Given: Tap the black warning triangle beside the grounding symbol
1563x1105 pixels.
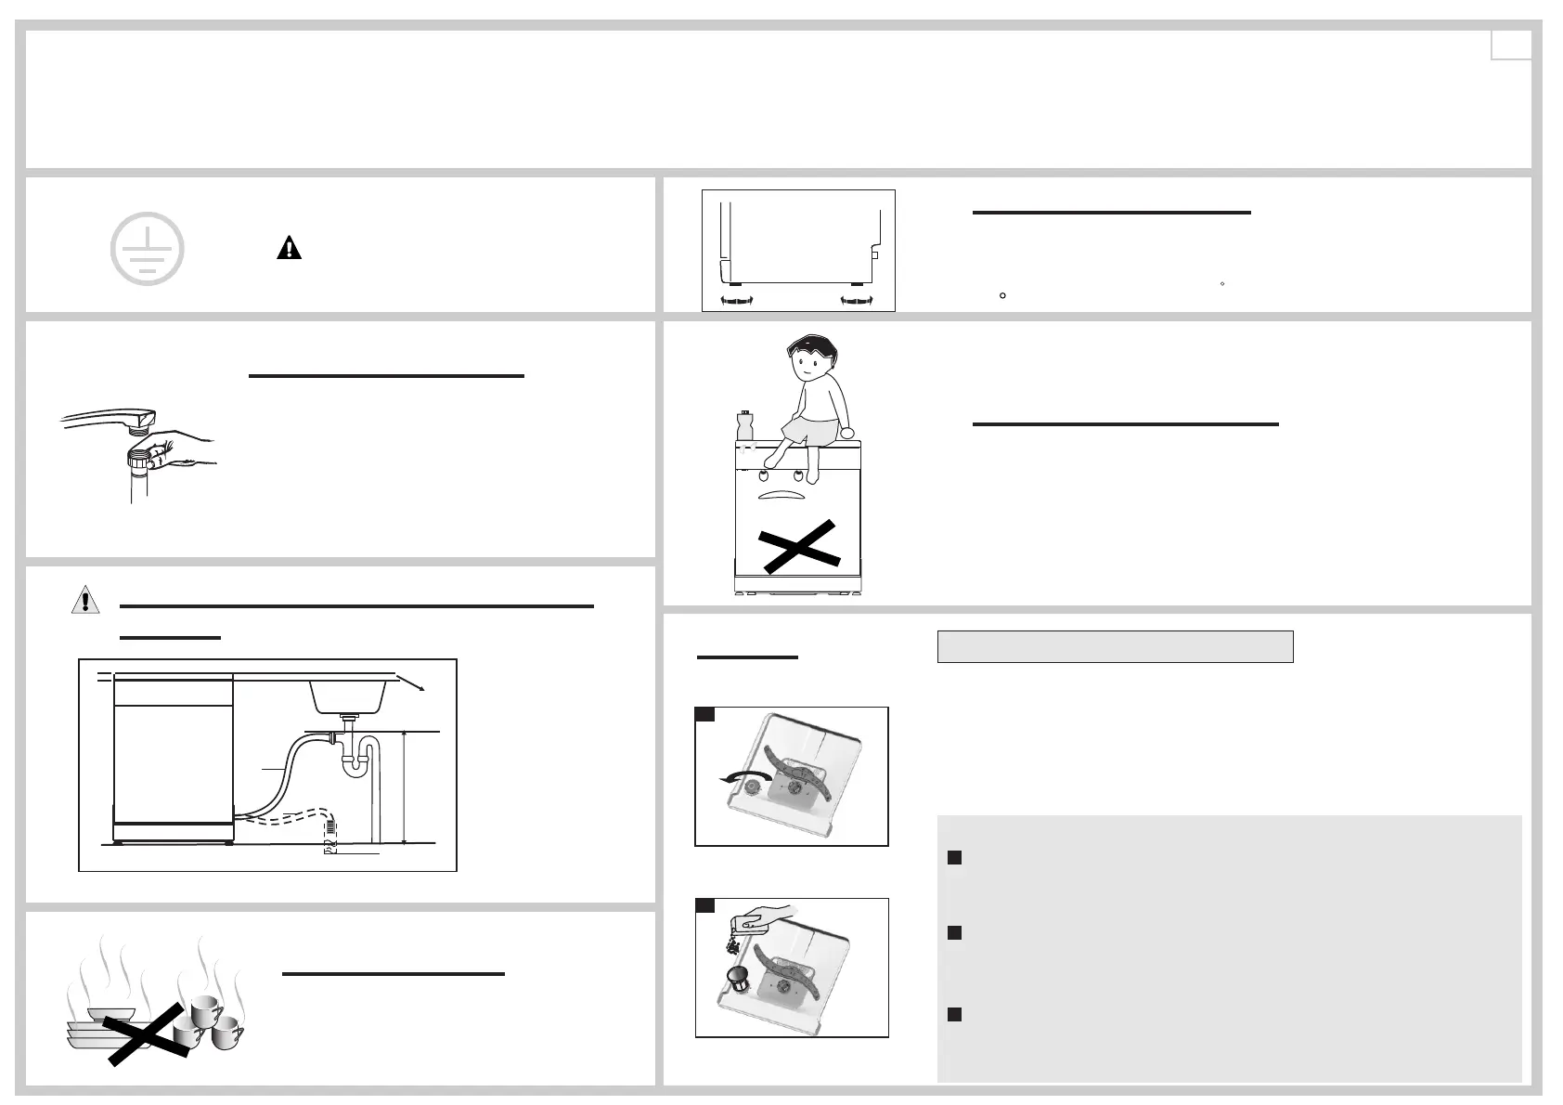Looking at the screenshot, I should (x=290, y=248).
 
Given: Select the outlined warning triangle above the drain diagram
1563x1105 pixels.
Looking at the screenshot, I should (x=85, y=600).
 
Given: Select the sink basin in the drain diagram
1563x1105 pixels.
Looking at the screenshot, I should (x=352, y=693).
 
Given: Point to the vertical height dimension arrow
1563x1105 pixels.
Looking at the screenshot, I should (x=406, y=786).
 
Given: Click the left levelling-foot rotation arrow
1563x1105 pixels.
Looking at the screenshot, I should (x=737, y=300).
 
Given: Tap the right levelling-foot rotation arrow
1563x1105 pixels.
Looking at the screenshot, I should (x=857, y=300).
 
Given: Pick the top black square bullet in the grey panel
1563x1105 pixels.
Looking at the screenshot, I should (x=953, y=858).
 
